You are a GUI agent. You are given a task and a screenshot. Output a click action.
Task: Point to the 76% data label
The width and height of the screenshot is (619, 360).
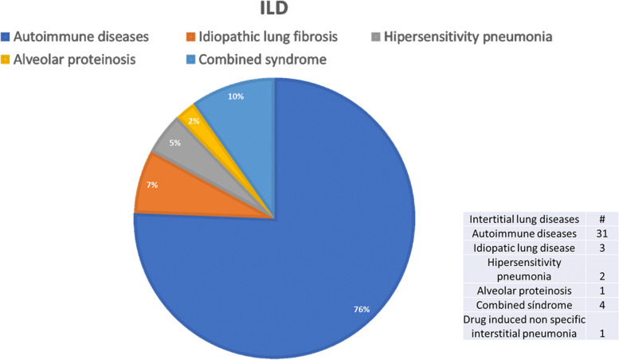[x=362, y=309]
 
